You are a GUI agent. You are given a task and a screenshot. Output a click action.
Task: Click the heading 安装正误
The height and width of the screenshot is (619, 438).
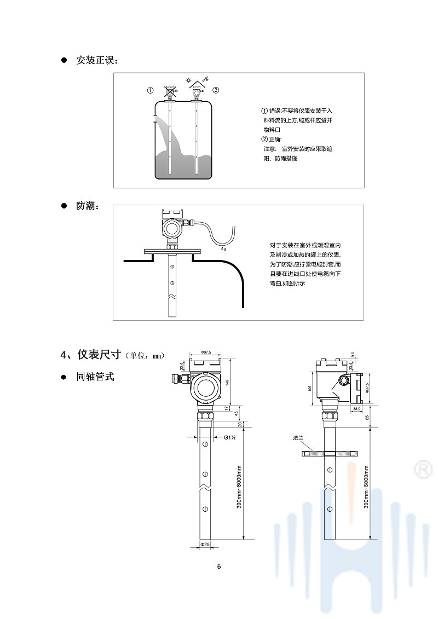96,60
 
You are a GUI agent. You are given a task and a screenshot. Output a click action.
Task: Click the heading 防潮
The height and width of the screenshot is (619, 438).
88,206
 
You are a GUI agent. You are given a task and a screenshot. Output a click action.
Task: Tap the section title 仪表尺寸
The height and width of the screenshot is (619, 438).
99,355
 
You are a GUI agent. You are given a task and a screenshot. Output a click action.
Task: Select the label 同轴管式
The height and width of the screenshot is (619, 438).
95,377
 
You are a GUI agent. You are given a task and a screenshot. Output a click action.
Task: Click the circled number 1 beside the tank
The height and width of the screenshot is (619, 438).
149,90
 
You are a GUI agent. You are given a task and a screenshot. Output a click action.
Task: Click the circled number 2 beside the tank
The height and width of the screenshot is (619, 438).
216,90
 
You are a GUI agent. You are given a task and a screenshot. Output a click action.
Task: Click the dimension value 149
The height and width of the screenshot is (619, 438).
227,383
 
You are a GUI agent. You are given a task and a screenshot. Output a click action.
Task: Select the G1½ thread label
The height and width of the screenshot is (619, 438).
229,437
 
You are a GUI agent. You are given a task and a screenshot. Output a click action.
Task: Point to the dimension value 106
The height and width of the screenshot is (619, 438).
309,387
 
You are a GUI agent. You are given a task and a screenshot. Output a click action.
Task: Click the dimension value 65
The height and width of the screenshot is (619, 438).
367,417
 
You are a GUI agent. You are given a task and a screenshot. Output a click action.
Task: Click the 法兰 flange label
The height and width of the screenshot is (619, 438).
298,438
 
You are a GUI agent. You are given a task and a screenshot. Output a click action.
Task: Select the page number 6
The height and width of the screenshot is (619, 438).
219,566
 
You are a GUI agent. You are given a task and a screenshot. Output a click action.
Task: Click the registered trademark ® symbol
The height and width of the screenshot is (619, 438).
422,469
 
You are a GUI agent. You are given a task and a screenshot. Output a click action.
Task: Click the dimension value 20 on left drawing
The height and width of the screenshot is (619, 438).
239,424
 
